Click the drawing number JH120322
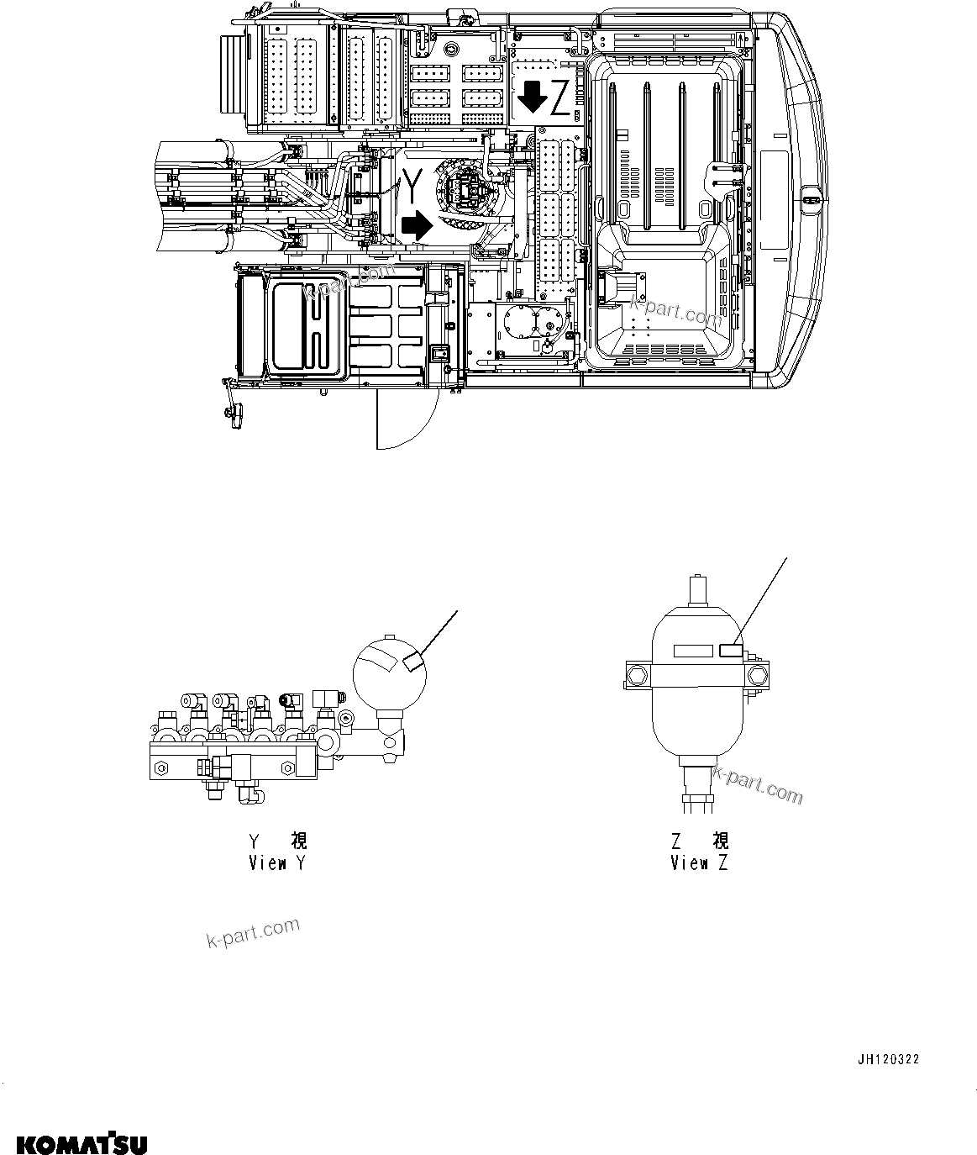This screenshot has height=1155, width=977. (888, 1059)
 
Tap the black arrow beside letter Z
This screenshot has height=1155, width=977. (532, 98)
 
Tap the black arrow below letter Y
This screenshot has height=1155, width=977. (415, 224)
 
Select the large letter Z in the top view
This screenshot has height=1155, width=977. (560, 102)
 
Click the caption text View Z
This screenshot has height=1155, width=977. (699, 862)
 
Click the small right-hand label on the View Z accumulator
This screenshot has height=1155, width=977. (730, 649)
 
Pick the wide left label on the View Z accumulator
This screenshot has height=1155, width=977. (693, 650)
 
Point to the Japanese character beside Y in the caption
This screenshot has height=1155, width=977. (298, 840)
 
